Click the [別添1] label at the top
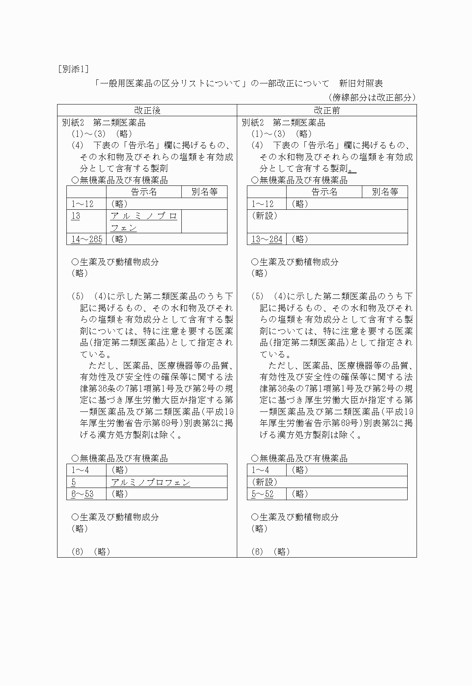point(73,69)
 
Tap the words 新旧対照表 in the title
point(361,84)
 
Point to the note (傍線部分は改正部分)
point(372,97)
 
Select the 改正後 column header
point(147,111)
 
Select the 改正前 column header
point(327,111)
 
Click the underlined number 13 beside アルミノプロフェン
point(76,216)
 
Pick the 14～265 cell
point(87,239)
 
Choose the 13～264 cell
point(267,239)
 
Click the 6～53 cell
point(82,494)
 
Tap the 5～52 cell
point(262,494)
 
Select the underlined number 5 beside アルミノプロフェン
point(74,482)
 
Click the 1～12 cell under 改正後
point(82,204)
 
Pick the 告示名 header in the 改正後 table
point(144,192)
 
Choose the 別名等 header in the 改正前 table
point(385,192)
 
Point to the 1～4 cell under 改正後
point(80,470)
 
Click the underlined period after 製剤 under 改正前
point(352,169)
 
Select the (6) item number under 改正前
point(257,552)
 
